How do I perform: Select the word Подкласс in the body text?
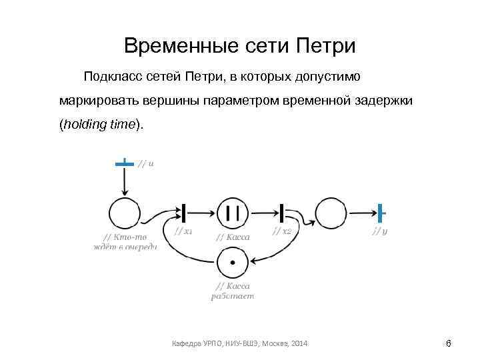pos(111,77)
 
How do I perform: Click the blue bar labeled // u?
pos(124,163)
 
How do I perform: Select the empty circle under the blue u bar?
pos(125,214)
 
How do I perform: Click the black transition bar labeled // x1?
pos(182,213)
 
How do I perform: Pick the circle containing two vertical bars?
pos(233,213)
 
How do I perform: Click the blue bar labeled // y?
pos(381,213)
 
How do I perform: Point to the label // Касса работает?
pos(233,291)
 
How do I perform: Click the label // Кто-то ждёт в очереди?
pos(125,241)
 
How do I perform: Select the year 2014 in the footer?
pos(300,343)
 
